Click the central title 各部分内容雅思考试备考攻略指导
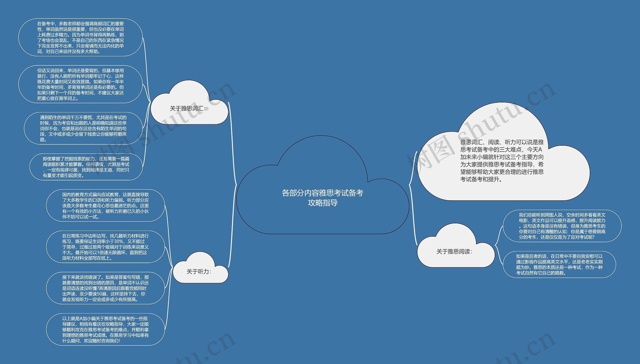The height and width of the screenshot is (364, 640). coord(322,198)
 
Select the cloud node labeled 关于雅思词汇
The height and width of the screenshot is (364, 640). coord(187,108)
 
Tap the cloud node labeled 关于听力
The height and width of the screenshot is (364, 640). coord(199,272)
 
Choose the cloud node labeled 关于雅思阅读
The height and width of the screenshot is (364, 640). coord(454,252)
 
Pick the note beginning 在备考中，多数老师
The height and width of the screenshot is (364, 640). coord(80,37)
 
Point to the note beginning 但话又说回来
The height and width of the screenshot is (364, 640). coord(80,84)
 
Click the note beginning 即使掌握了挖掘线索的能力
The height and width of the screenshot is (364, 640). coord(86,167)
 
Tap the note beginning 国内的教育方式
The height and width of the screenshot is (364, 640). coord(105,206)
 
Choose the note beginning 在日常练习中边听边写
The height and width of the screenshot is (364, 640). coord(105,247)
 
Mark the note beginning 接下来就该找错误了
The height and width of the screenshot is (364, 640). coord(105,288)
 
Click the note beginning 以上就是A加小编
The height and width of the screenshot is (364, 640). coord(105,330)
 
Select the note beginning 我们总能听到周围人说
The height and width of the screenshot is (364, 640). coord(562,226)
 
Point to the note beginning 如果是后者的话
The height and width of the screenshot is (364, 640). coord(559,265)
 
